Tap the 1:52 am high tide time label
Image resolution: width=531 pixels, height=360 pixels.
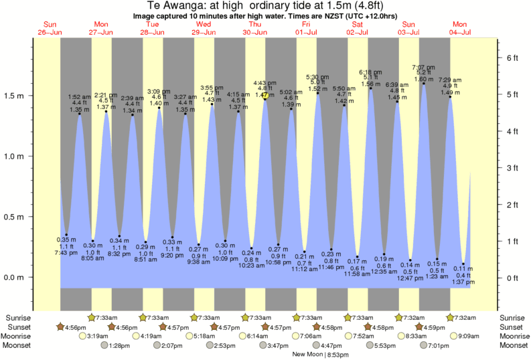(80, 97)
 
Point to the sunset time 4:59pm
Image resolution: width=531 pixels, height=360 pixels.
(433, 327)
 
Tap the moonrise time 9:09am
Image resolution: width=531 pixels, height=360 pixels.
(467, 336)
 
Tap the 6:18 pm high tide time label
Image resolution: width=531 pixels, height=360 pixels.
(370, 72)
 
